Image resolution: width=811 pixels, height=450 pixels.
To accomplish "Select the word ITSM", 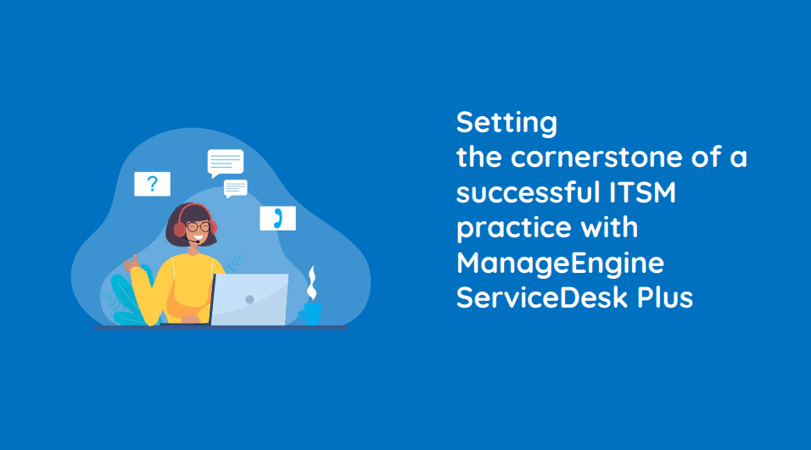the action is [642, 192].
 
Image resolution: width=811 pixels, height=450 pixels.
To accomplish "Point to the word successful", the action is [528, 192].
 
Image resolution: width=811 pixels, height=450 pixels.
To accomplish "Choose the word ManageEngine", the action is [560, 264].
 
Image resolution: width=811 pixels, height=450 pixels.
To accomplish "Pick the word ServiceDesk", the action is [541, 297].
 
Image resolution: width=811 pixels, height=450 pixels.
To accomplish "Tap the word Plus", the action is [664, 297].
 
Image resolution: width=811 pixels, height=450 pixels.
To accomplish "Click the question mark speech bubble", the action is [152, 184].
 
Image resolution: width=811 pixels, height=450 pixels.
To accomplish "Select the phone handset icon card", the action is [277, 218].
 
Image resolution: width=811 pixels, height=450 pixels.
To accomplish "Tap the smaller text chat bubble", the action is [235, 189].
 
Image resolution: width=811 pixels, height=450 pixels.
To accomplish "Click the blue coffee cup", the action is [310, 314].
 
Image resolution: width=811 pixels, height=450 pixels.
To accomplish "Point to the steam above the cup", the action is [311, 284].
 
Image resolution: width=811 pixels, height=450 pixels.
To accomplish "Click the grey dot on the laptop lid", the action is [249, 299].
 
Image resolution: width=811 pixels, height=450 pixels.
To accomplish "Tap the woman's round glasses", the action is [199, 226].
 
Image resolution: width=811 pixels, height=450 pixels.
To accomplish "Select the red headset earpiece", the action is [179, 229].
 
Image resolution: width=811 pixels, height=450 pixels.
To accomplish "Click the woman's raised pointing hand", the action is [131, 263].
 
